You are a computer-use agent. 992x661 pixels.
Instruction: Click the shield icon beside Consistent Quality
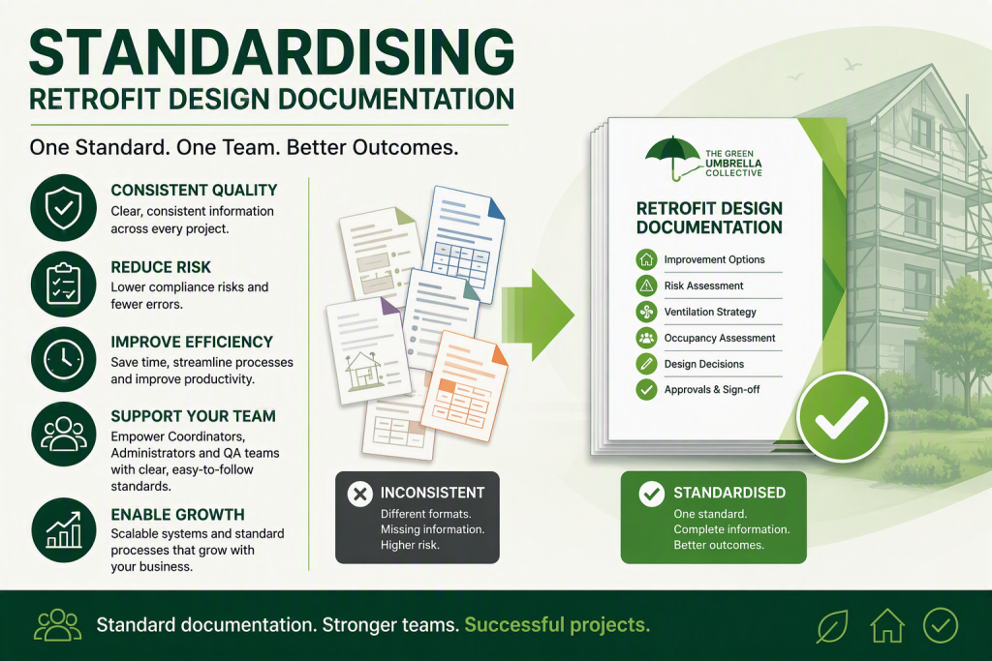[63, 207]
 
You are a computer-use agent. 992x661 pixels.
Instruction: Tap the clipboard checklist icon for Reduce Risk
[63, 284]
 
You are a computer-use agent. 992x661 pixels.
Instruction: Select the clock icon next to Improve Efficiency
[63, 359]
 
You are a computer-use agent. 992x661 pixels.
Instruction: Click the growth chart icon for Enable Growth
[63, 529]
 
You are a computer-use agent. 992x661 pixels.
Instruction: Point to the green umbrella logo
[672, 158]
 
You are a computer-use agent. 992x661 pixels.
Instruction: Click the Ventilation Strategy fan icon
[646, 312]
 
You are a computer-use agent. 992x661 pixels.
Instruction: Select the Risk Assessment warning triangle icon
[646, 285]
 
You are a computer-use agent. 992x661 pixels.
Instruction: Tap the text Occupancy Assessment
[720, 338]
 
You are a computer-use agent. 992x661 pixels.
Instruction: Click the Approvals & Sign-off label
[712, 390]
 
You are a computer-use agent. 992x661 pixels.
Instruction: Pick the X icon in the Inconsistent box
[360, 494]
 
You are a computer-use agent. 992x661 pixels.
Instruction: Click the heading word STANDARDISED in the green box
[729, 493]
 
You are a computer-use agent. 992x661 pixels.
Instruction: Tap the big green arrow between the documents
[538, 315]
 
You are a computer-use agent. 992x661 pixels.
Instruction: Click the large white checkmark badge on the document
[842, 418]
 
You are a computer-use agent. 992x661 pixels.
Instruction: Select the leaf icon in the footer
[832, 625]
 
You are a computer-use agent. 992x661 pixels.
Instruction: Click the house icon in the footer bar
[887, 625]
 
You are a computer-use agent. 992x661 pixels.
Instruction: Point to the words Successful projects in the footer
[557, 625]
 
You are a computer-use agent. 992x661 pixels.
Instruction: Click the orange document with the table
[464, 385]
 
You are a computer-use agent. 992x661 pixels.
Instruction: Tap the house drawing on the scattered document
[362, 371]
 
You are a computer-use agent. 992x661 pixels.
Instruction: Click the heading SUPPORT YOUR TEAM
[193, 416]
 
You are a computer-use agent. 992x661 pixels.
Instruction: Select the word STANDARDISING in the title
[272, 52]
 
